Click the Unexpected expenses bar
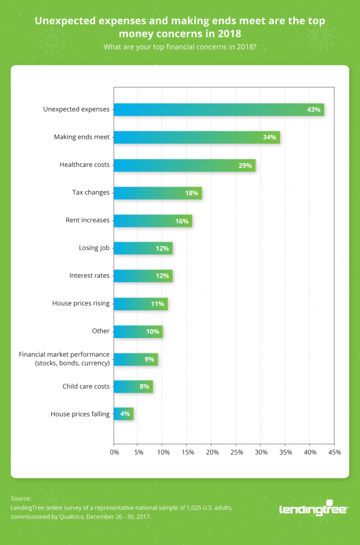click(x=218, y=110)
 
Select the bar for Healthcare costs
click(x=184, y=165)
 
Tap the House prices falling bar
click(x=123, y=414)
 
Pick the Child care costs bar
click(x=133, y=386)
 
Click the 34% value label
click(x=269, y=137)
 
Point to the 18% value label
click(x=192, y=193)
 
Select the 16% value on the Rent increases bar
click(x=182, y=220)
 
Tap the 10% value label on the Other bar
click(x=152, y=331)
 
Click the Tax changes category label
click(x=91, y=193)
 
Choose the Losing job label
click(x=94, y=248)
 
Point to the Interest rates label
click(x=89, y=276)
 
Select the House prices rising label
click(x=80, y=303)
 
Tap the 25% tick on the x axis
click(x=236, y=452)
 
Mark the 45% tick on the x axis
click(x=334, y=452)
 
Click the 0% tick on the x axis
click(x=114, y=452)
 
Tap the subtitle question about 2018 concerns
click(x=179, y=47)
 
